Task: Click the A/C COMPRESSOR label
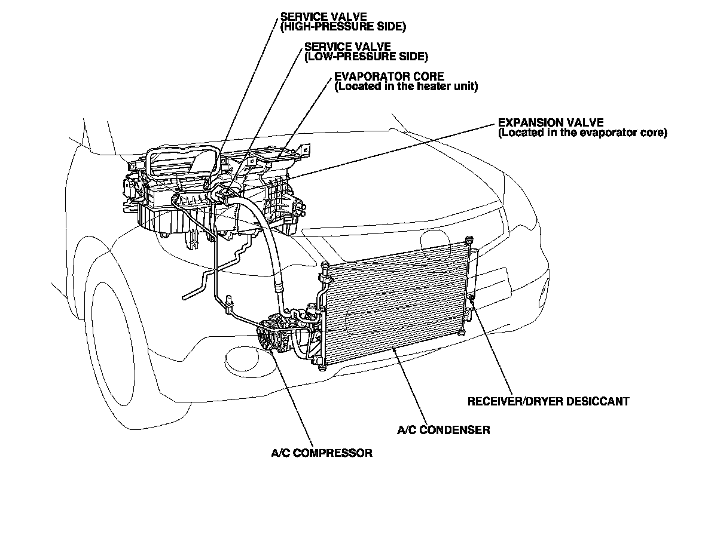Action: (321, 453)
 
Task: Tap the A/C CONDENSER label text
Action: (443, 430)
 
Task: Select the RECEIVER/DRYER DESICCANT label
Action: (548, 401)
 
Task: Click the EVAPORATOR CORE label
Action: (389, 76)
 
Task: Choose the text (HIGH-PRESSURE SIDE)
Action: (343, 27)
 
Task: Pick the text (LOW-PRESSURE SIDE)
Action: (366, 57)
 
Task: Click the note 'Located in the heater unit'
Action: (406, 87)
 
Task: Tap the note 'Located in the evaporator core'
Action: (582, 133)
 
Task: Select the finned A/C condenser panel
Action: (395, 305)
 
